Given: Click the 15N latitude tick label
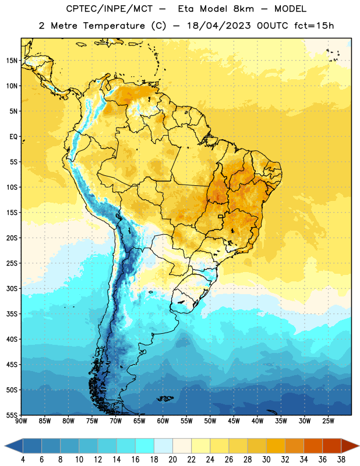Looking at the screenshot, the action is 12,61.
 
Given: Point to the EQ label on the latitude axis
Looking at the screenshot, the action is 13,137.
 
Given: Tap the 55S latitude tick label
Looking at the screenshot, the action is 12,415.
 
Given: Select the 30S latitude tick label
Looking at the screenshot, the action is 12,288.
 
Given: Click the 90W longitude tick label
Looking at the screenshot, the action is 21,421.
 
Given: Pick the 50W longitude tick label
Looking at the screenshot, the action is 210,421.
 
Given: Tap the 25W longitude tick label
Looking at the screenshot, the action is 328,421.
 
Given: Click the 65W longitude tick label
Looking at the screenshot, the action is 139,421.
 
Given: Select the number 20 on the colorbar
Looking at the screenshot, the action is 172,460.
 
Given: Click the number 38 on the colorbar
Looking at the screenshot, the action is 341,460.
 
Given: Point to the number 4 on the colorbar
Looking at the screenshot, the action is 23,460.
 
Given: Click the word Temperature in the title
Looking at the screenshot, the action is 114,26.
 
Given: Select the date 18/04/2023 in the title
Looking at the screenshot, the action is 219,26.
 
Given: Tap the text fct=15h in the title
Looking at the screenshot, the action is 314,26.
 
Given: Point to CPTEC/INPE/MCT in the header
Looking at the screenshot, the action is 110,9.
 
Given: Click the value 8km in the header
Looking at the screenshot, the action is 243,9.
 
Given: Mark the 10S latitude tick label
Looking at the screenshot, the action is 12,187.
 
